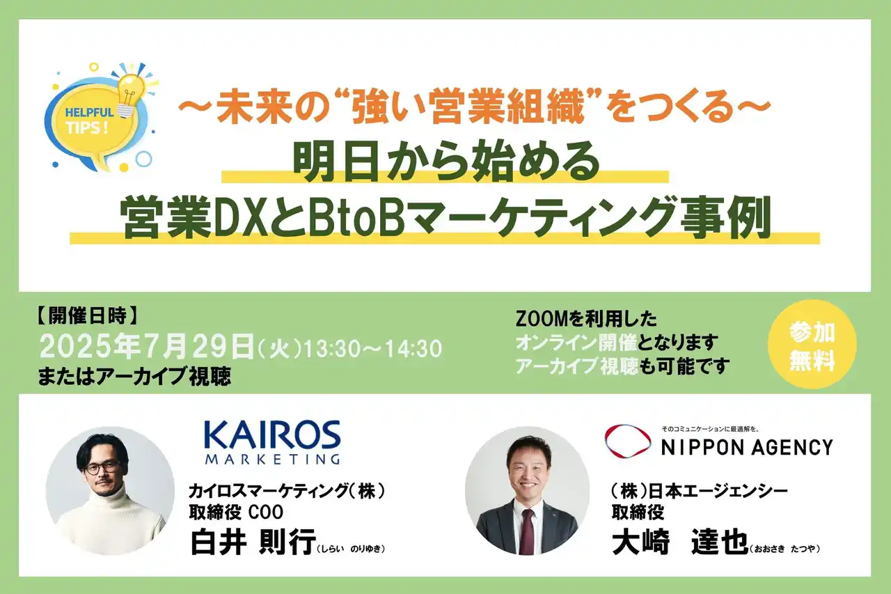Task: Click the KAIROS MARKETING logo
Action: pos(271,441)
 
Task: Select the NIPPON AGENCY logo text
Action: pos(746,446)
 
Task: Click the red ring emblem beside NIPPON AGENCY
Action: pos(627,441)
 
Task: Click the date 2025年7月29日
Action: pos(147,346)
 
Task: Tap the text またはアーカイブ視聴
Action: pos(135,377)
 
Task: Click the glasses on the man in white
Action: pos(102,467)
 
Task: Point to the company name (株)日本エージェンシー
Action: pos(695,491)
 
